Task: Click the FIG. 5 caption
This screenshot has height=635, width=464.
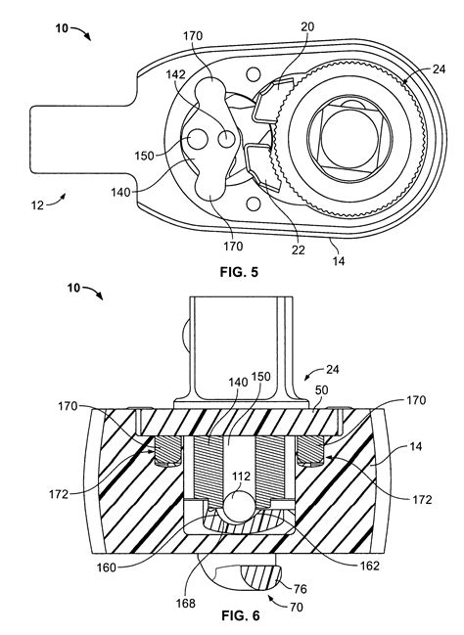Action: pos(239,272)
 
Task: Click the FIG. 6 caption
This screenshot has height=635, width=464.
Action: pos(240,616)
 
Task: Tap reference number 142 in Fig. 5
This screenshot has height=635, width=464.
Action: pos(175,74)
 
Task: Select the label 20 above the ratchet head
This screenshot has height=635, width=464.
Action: pos(307,26)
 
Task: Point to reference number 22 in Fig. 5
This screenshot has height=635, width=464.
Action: pos(298,249)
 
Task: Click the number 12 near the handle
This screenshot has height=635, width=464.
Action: pos(37,205)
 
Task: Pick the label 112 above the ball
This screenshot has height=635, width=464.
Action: pos(241,476)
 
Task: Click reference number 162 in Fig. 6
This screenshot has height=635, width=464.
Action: pos(370,566)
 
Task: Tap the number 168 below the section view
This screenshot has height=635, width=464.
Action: pos(186,604)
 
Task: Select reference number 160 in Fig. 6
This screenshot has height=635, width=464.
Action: pos(106,567)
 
